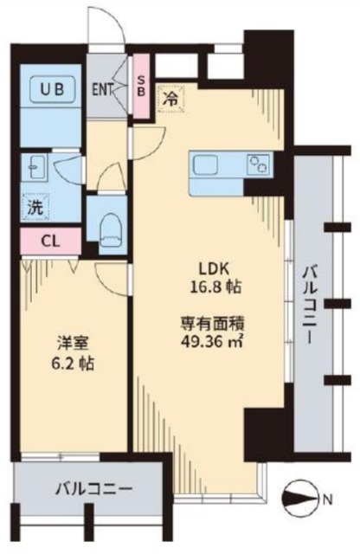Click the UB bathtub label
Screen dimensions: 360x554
pos(52,89)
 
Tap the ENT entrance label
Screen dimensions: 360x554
pos(102,89)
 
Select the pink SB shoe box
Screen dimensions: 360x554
pos(141,86)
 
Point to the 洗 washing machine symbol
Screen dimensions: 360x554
pos(35,208)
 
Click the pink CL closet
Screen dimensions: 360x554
pos(51,242)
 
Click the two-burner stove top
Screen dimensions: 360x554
pos(260,164)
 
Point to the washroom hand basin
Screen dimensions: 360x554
pos(35,167)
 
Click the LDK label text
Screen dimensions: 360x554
pos(215,270)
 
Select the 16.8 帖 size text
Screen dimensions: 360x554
pos(215,287)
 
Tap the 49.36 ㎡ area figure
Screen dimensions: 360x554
pos(212,342)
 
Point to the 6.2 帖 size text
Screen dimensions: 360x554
pos(73,363)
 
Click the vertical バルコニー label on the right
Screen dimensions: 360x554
pos(310,306)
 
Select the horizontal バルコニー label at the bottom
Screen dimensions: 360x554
pos(93,489)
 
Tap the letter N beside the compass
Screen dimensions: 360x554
pos(328,499)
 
